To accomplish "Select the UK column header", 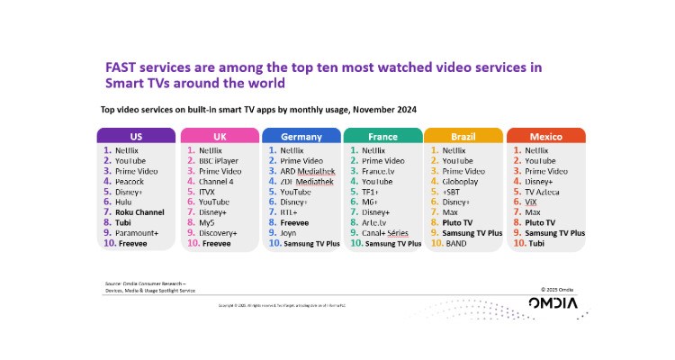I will (219, 136).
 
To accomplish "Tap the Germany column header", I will (301, 136).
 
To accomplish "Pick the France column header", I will (383, 136).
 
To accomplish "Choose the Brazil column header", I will (463, 136).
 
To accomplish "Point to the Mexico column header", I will (545, 136).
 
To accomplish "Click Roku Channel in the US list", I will (139, 211).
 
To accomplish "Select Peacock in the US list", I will (130, 181).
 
